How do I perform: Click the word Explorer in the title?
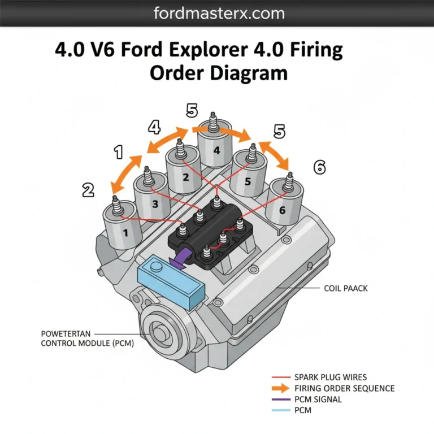[223, 51]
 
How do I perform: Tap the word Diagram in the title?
[246, 73]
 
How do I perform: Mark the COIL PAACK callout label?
[345, 288]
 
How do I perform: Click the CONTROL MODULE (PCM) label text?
[87, 343]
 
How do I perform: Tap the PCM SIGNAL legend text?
[318, 400]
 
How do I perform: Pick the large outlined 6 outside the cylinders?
[319, 167]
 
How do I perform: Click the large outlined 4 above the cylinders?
[155, 127]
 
